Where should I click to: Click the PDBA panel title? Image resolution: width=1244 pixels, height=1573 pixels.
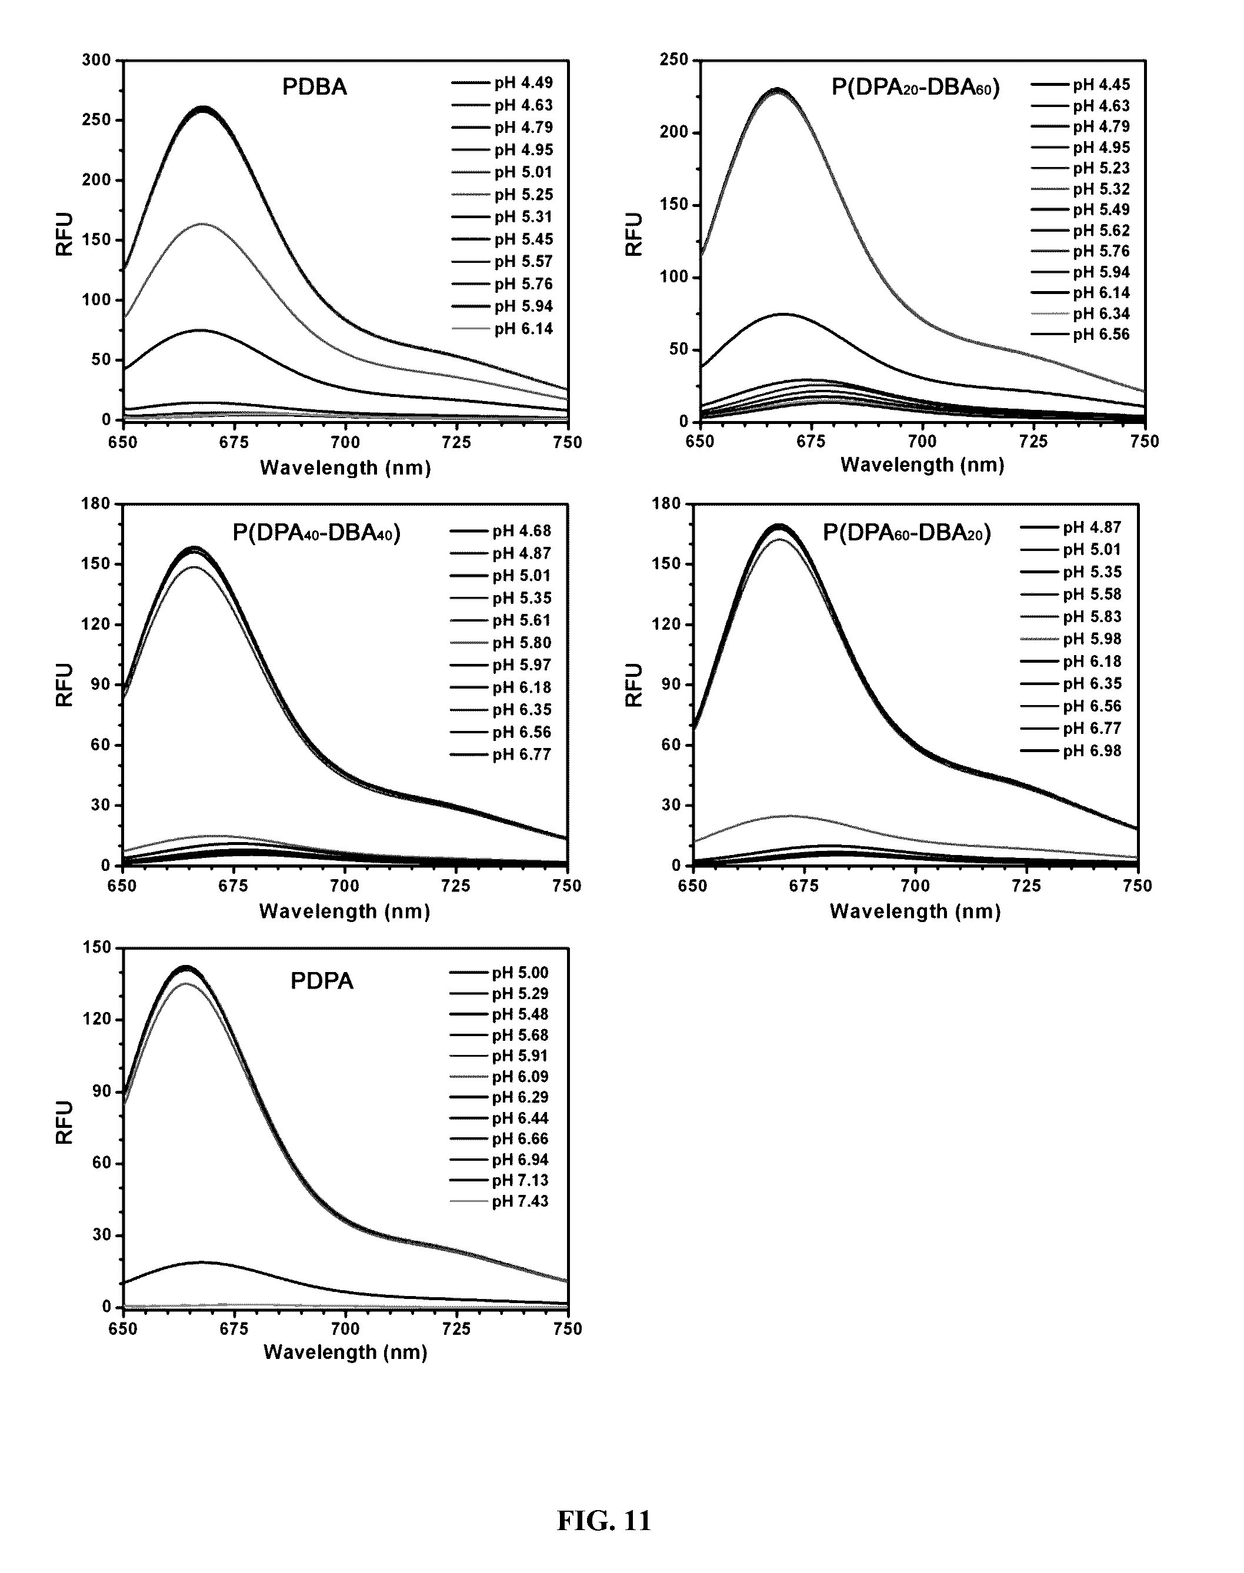pos(314,88)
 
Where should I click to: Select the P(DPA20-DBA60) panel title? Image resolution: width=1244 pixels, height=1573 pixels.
pos(916,88)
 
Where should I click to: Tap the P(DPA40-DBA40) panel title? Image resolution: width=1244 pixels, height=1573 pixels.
pos(316,533)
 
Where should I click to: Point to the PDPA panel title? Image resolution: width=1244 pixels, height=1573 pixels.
pos(321,981)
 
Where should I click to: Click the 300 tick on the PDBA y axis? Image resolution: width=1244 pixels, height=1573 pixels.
pos(97,61)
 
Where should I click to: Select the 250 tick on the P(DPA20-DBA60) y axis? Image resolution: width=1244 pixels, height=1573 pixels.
pos(673,60)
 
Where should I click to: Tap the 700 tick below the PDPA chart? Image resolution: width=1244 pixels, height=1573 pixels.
pos(345,1328)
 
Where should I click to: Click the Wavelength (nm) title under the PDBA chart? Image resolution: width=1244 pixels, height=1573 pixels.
pos(345,467)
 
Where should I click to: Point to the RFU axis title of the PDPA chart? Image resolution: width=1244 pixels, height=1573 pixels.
pos(65,1122)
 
